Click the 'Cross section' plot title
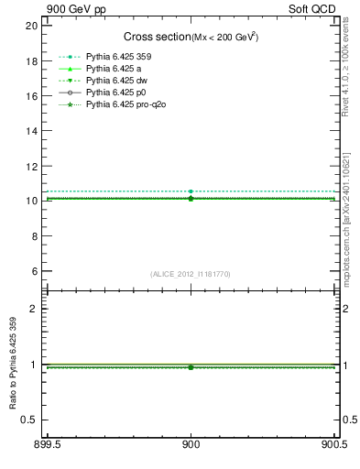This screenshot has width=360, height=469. [157, 37]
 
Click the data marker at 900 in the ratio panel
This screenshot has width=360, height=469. [191, 367]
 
